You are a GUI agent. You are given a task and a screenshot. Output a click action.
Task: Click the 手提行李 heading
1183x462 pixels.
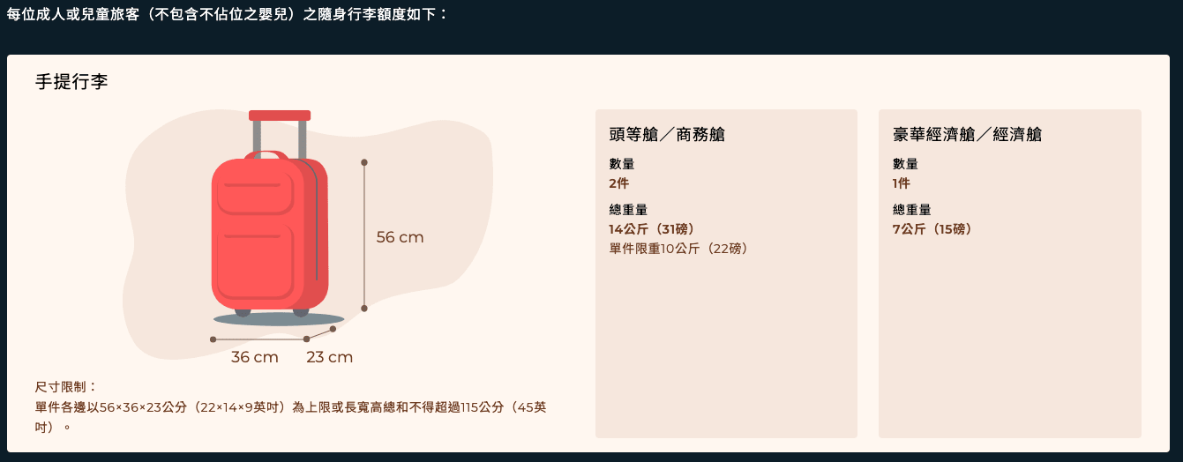coord(71,82)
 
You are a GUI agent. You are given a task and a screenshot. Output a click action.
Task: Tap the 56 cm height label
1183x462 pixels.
coord(400,237)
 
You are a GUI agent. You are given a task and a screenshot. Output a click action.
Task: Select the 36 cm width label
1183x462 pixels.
coord(255,357)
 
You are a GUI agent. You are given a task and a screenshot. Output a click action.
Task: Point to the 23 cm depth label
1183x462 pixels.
coord(330,357)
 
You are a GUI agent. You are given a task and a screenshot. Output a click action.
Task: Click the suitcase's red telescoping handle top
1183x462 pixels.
coord(280,115)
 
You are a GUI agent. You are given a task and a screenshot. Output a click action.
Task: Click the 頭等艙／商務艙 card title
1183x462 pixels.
coord(667,135)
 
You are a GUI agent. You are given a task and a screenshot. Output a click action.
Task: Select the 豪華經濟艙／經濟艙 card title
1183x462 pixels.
coord(967,135)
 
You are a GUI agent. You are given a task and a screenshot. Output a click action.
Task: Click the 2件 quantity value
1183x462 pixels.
coord(619,183)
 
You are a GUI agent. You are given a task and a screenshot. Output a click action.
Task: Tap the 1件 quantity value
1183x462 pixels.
coord(902,183)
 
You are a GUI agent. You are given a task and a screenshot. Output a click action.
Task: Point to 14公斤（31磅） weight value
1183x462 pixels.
coord(651,229)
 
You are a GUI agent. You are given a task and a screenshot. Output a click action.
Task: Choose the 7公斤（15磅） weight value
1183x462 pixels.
coord(932,229)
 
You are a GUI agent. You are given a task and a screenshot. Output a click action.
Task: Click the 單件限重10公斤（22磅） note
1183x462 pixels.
coord(678,249)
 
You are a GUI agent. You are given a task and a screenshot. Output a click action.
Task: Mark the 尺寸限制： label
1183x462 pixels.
coord(66,387)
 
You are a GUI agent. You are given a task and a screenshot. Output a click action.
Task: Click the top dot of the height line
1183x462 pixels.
coord(363,162)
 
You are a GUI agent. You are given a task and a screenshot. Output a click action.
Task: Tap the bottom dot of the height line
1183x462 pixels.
coord(363,309)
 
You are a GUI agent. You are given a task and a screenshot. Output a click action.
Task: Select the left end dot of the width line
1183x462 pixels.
coord(213,339)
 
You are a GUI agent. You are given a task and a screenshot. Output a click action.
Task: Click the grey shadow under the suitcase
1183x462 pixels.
coord(279,319)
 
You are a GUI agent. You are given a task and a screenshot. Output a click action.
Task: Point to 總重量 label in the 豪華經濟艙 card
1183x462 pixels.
coord(911,210)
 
